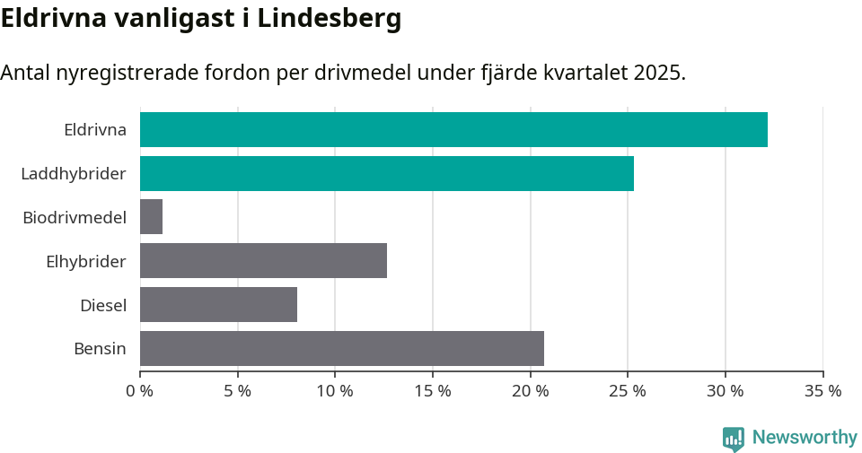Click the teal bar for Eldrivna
(453, 129)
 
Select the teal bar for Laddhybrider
(386, 173)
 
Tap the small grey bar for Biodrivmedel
(151, 217)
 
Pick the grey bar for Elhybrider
(263, 261)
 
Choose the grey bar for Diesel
(218, 305)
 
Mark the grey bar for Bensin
(341, 348)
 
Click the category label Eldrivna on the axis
(94, 129)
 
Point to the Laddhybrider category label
(73, 173)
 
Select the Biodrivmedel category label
(74, 217)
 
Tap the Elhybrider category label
(85, 261)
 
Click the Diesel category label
(102, 305)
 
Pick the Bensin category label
(100, 348)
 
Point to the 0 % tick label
(140, 391)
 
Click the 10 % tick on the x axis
(335, 391)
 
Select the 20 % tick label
(530, 391)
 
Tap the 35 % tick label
(822, 391)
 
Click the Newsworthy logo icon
(734, 439)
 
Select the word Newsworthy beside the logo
(805, 438)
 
